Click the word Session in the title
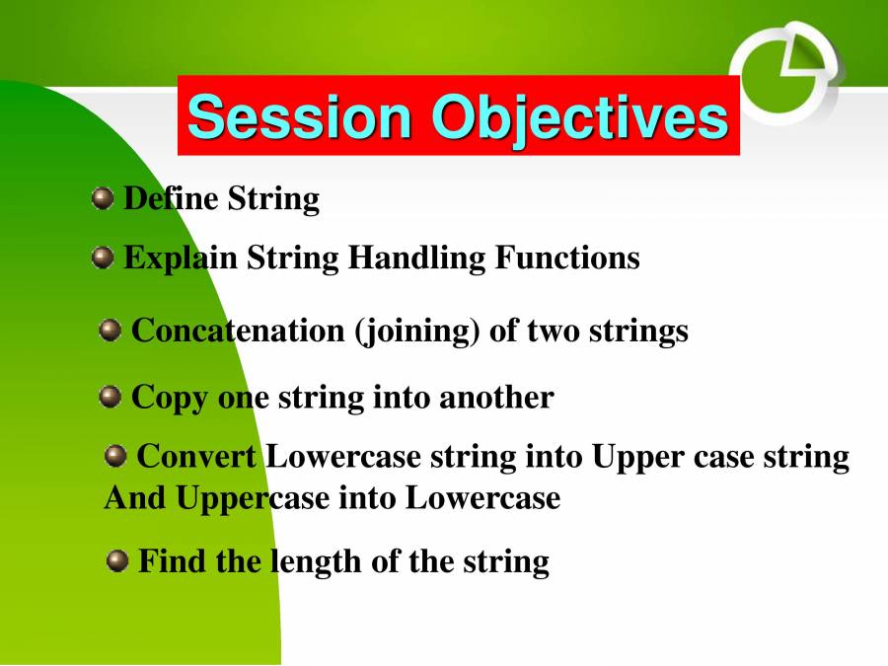299,116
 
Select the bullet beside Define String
103,198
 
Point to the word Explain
181,259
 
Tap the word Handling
416,259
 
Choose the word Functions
567,258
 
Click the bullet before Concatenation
110,331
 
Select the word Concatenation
238,331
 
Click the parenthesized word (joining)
416,332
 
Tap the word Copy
170,399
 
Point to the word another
496,397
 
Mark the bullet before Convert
115,456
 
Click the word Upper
637,458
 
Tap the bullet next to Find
117,561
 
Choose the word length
316,563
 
